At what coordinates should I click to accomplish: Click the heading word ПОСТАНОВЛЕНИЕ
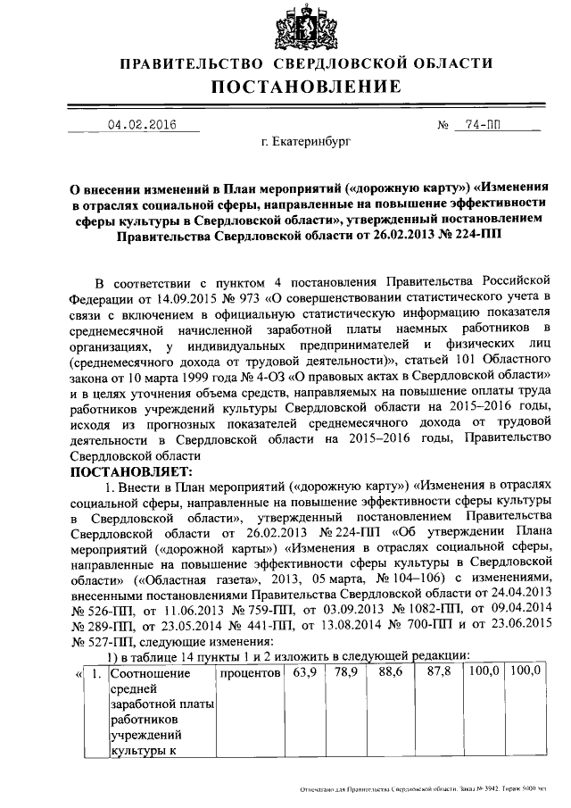tap(306, 87)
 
